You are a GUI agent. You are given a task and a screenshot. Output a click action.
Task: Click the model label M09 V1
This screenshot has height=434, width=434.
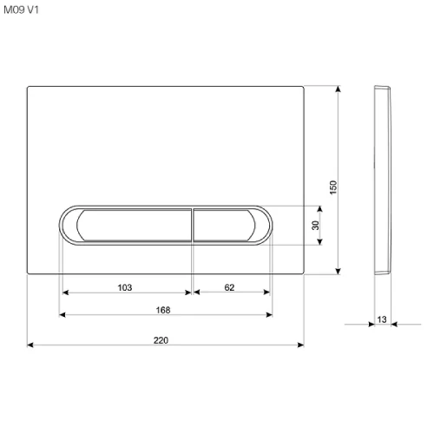pos(21,10)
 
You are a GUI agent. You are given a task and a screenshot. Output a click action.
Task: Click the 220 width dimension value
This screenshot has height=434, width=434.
pos(161,340)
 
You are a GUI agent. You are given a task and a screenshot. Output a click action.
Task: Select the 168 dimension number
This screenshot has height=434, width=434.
pos(163,310)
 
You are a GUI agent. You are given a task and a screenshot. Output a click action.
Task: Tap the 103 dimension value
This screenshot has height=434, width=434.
pos(125,287)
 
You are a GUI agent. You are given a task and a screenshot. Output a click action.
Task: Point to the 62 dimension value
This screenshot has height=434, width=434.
pos(229,287)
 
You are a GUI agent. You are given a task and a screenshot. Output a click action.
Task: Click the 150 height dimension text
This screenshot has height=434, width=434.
pos(333,187)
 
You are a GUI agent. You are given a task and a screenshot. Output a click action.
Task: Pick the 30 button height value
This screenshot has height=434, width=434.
pos(315,225)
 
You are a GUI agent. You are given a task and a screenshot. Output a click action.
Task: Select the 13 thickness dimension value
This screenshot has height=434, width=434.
pos(382,319)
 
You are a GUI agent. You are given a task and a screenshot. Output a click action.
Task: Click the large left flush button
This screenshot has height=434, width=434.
pos(134,225)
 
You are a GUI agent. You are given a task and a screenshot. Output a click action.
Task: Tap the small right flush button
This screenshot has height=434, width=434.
pos(224,225)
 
